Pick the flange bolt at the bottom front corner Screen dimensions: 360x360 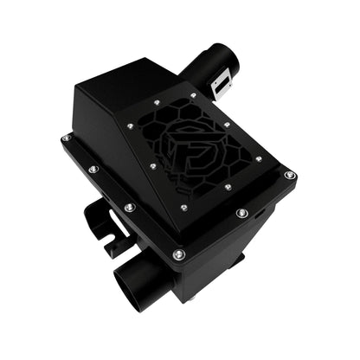(178, 254)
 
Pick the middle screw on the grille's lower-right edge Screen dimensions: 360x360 (227, 186)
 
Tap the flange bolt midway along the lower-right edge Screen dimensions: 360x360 (240, 212)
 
